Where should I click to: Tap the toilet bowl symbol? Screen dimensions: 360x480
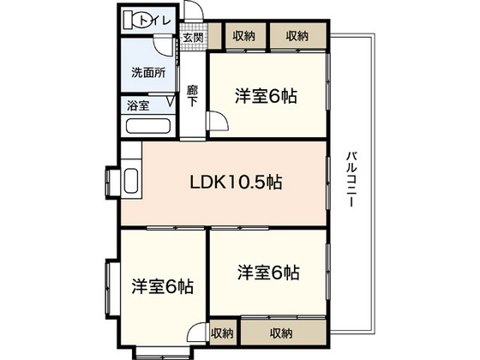coord(136,17)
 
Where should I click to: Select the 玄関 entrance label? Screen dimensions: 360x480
coord(193,37)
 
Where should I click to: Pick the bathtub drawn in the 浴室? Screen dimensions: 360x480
coord(148,128)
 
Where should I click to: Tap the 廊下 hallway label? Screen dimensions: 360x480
coord(193,93)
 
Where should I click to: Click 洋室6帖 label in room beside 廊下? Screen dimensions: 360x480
coord(267,96)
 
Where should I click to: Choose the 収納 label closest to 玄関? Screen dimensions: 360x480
coord(244,36)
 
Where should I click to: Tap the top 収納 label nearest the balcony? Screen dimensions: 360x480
coord(297,36)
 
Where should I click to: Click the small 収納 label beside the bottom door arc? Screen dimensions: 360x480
coord(221,333)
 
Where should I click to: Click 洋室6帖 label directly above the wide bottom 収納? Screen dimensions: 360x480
coord(268,273)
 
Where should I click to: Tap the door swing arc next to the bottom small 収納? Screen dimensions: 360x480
coord(196,334)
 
